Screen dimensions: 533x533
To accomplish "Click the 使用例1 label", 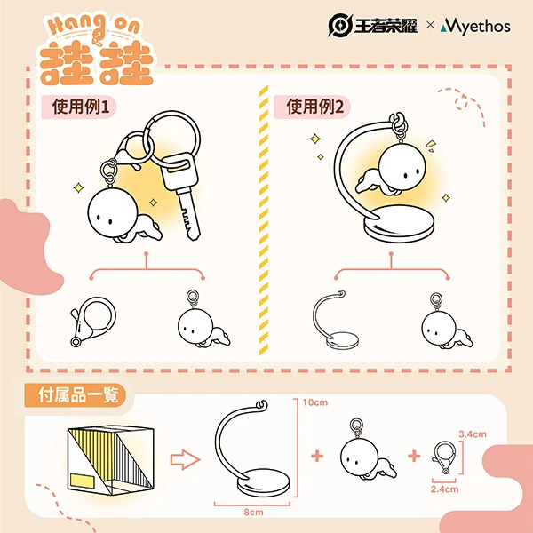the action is click(81, 107).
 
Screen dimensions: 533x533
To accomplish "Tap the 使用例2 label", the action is click(315, 107).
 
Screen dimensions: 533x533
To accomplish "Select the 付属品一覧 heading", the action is click(78, 395).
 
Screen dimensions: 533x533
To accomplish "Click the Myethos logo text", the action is click(475, 27).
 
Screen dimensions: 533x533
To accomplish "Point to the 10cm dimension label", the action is click(315, 402).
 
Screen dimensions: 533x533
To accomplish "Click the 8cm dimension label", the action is click(253, 512).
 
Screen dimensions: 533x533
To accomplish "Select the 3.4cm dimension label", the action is click(473, 434).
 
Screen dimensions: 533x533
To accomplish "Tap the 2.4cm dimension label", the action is click(445, 489).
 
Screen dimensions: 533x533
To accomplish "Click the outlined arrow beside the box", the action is click(185, 459).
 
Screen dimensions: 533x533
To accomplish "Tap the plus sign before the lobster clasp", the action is click(414, 457).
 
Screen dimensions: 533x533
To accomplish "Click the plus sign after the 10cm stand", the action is click(317, 457).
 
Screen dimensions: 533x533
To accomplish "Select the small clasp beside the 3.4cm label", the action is click(444, 457).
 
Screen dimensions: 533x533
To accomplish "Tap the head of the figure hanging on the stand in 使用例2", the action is click(402, 167).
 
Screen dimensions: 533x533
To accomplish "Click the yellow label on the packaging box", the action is click(83, 481).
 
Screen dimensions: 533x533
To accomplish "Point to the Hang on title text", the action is click(93, 25).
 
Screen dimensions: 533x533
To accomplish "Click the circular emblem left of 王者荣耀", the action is click(340, 25).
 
